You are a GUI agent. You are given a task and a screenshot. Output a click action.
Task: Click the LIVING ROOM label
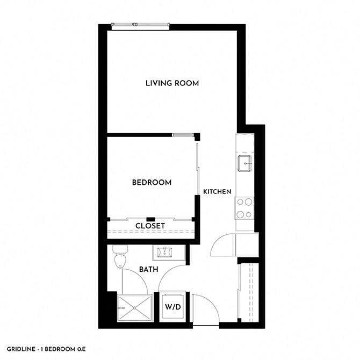coord(172,83)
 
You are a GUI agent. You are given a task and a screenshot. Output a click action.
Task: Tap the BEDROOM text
coord(152,183)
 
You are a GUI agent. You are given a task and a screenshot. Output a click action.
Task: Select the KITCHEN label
coord(217,192)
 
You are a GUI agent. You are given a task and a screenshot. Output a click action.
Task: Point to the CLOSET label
coord(150,226)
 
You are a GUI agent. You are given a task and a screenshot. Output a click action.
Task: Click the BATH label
coord(148,269)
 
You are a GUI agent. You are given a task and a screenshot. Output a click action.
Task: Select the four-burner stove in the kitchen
coord(245,208)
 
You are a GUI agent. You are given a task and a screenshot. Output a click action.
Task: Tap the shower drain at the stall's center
coord(133,308)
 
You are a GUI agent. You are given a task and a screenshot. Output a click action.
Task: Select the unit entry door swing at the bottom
coord(205,308)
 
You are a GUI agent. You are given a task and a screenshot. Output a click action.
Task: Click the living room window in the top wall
coord(140,25)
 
